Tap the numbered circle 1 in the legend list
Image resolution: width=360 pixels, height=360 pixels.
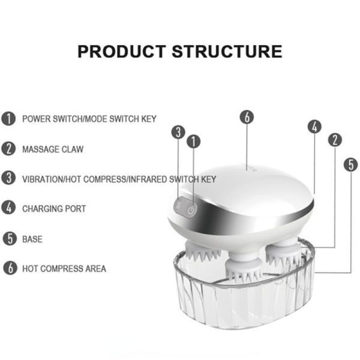click(8, 118)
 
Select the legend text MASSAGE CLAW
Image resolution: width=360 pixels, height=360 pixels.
click(53, 149)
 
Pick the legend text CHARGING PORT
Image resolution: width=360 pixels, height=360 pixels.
click(54, 209)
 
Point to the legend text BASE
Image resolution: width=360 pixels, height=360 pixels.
click(32, 239)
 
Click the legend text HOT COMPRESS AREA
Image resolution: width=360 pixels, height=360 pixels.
click(64, 268)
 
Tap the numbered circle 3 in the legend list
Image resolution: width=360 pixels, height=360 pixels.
click(8, 178)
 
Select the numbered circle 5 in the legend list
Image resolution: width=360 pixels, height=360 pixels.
click(8, 239)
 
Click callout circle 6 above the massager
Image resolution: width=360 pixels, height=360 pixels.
click(247, 117)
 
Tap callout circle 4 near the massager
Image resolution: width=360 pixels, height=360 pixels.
click(314, 127)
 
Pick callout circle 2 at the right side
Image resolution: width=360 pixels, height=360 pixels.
click(335, 140)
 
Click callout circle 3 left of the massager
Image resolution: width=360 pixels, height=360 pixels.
click(178, 132)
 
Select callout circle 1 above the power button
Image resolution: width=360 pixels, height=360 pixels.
click(193, 142)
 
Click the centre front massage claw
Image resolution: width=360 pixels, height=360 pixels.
click(244, 271)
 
